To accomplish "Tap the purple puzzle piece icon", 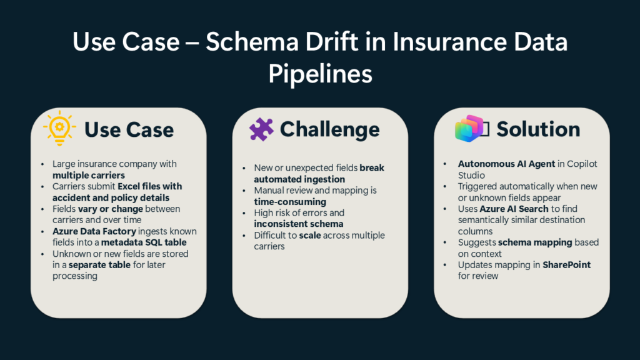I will (261, 129).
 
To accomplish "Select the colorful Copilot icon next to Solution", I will (470, 129).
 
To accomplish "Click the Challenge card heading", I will (329, 129).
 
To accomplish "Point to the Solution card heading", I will (538, 129).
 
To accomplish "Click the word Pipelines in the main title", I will (320, 74).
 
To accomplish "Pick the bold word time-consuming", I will (289, 202).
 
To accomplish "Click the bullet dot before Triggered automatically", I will (445, 186).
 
